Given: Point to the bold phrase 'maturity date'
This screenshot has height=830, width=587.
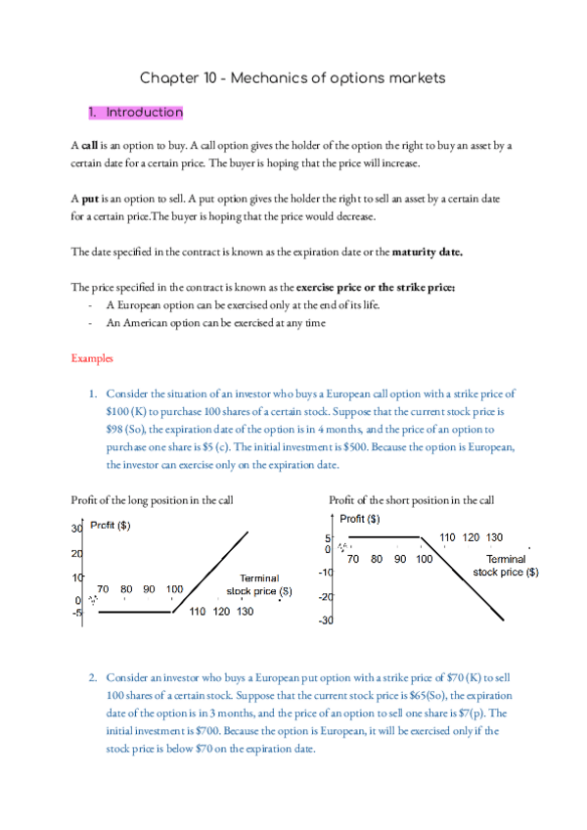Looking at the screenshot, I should pos(427,252).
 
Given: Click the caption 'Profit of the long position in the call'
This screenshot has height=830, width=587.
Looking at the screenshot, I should pos(152,500).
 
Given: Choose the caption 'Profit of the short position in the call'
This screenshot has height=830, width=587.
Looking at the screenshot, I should pos(412,500).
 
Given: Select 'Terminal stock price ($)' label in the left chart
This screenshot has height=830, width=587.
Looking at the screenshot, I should pos(259,585).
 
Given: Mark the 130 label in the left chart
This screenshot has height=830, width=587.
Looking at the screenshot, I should pos(246,612).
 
